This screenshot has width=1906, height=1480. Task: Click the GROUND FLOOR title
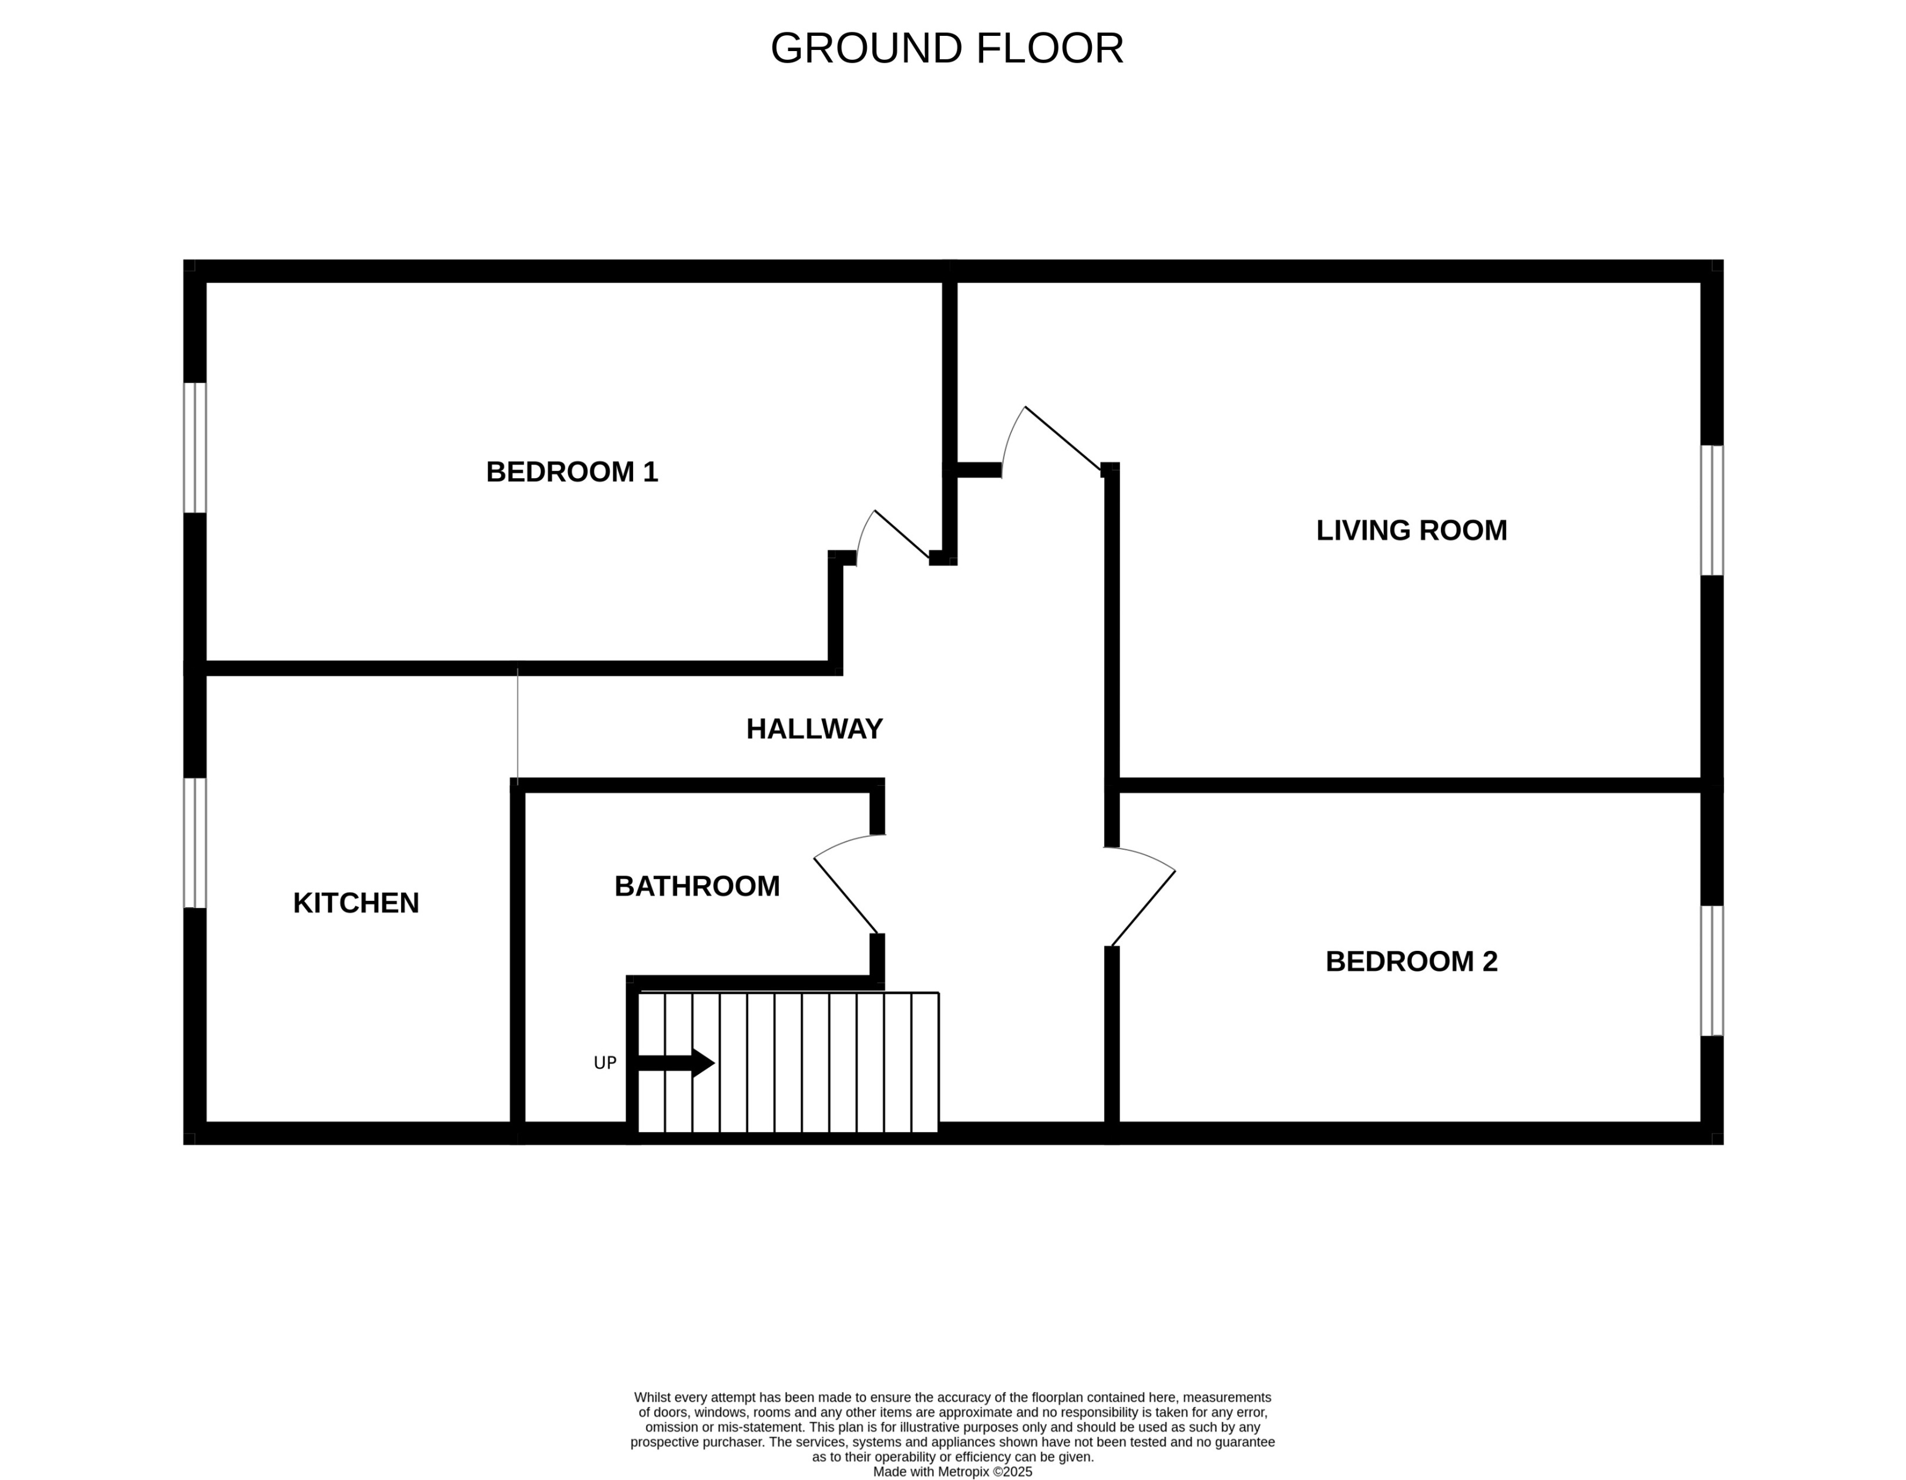[x=947, y=49]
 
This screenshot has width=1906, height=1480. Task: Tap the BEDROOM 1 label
[x=572, y=472]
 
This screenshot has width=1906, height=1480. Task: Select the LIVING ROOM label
[x=1411, y=530]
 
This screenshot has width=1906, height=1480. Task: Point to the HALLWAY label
[x=814, y=729]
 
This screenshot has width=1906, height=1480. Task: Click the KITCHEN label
[x=356, y=903]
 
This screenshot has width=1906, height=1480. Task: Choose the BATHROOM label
[x=697, y=887]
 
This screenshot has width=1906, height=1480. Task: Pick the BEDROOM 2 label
[x=1411, y=961]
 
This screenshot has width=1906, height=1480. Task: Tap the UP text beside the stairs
[x=605, y=1063]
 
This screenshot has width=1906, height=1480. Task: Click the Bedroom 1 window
[x=194, y=448]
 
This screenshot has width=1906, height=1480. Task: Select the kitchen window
[x=194, y=843]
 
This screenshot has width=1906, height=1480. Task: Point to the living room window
[x=1712, y=510]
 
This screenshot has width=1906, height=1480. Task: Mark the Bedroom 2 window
[x=1712, y=970]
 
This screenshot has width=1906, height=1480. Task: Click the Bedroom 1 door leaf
[x=902, y=534]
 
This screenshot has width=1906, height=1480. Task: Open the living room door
[x=1062, y=438]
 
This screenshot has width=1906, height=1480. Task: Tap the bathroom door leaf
[x=846, y=895]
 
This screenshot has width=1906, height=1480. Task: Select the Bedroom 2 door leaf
[x=1143, y=909]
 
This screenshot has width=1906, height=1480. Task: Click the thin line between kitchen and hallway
[x=517, y=724]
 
